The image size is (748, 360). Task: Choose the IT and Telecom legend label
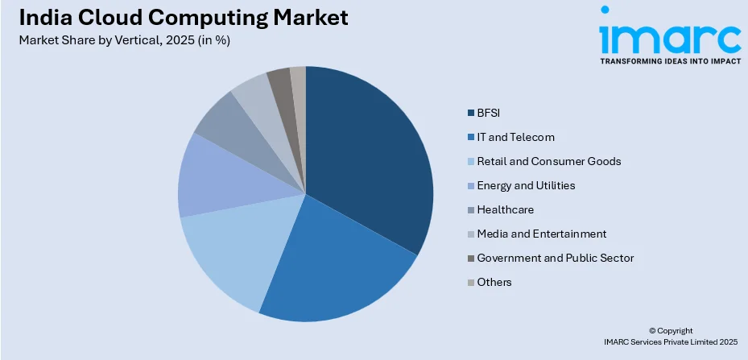515,137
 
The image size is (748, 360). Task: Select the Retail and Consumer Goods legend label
548,161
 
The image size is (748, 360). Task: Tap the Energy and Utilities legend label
526,185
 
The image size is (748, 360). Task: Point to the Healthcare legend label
505,209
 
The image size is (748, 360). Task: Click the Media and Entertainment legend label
541,234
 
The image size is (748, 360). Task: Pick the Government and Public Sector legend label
555,258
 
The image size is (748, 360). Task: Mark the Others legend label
494,282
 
